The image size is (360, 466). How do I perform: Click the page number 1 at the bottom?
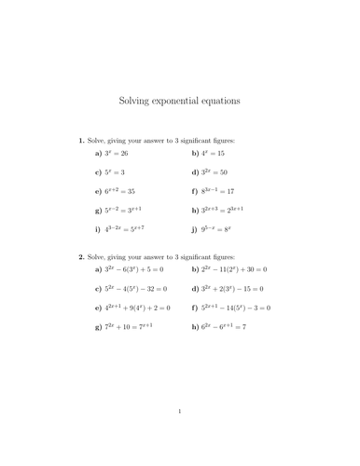coord(179,435)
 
